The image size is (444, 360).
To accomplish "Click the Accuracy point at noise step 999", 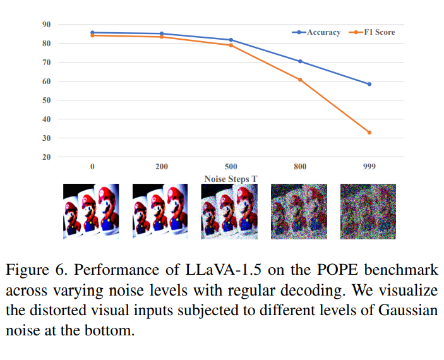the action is tap(369, 84).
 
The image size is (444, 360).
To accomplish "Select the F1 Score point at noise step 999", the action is tap(369, 132).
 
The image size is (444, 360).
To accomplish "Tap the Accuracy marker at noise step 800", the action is tap(300, 61).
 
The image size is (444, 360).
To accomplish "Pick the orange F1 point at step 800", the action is tap(300, 80).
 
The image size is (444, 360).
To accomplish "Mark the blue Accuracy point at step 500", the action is tap(231, 40).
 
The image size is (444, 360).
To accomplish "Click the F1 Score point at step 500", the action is tap(231, 45).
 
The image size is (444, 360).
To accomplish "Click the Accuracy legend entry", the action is tap(316, 32).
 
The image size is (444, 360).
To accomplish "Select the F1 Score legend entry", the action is tap(372, 32).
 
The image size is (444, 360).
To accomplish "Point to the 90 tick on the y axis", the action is tap(47, 25).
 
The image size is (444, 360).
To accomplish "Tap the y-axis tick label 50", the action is tap(47, 100).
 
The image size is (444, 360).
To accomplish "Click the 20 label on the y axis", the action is tap(47, 157).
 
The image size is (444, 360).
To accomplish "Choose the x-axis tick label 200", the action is tap(162, 167).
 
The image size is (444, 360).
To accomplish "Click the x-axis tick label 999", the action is tap(369, 167).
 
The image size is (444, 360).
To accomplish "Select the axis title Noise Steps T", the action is tap(231, 179).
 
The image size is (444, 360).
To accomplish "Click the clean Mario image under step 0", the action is tap(91, 212).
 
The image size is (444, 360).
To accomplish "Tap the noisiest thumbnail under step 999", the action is tap(368, 212).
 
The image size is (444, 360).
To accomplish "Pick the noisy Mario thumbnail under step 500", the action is tap(229, 212).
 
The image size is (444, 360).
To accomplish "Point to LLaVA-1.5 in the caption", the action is tap(224, 270).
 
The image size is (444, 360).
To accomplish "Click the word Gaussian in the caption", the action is tap(408, 310).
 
